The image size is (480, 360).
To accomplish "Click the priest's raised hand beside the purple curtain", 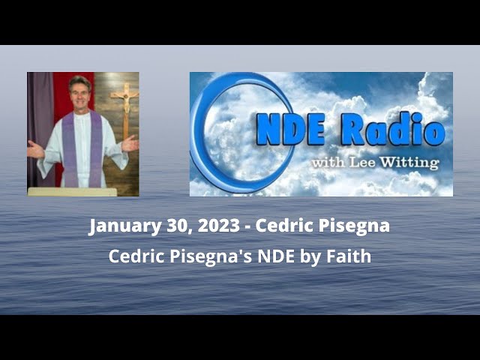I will click(34, 148).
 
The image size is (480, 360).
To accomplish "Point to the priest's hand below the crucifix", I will click(130, 142).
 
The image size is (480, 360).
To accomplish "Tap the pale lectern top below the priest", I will click(72, 192).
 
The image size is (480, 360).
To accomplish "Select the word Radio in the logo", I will click(394, 132).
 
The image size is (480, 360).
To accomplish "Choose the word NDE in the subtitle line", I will click(271, 256).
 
